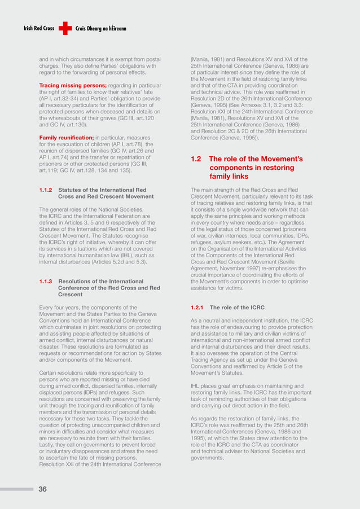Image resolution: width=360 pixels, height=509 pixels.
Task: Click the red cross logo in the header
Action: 65,28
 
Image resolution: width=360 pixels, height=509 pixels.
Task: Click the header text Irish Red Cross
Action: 38,28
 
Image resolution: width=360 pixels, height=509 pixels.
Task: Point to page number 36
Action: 42,489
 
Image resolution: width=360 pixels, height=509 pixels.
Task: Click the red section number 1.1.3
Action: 46,281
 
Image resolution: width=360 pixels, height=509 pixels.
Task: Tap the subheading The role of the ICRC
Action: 234,308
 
